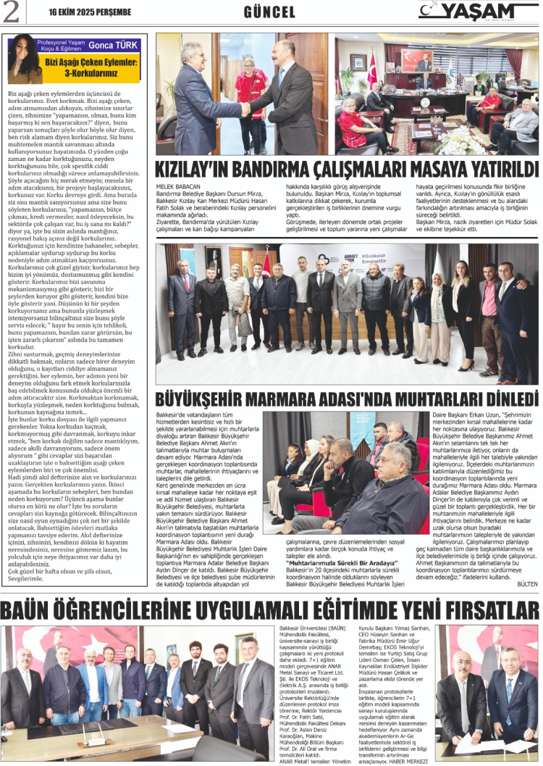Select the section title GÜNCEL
click(x=269, y=12)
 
